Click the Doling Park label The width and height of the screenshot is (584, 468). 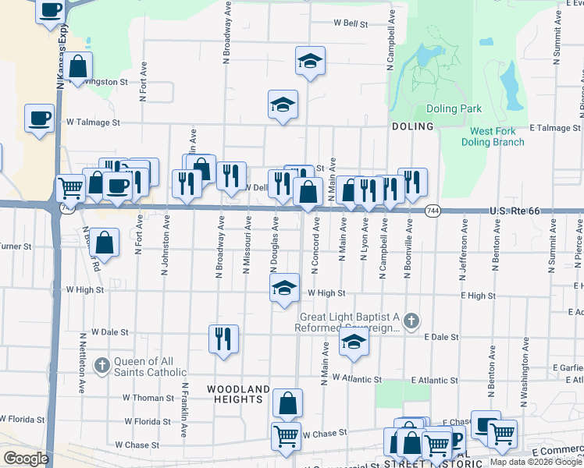[x=454, y=109]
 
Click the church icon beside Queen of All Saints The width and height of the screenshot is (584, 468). [x=102, y=365]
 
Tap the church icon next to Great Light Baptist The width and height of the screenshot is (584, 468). [x=413, y=321]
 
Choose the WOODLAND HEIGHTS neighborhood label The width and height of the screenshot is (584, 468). [x=237, y=394]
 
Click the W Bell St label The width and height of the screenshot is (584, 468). [x=351, y=24]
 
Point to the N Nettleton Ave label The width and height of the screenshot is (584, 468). [x=82, y=363]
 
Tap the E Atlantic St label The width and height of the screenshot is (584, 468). [x=433, y=380]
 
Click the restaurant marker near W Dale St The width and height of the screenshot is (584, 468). [x=223, y=339]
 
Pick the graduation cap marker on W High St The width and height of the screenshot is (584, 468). [x=284, y=289]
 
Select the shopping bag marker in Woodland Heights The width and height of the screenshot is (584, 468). [x=288, y=403]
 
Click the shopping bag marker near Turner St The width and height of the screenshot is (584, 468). [x=104, y=242]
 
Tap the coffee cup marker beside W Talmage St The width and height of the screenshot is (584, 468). [x=39, y=118]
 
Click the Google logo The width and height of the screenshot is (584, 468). [x=26, y=459]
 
